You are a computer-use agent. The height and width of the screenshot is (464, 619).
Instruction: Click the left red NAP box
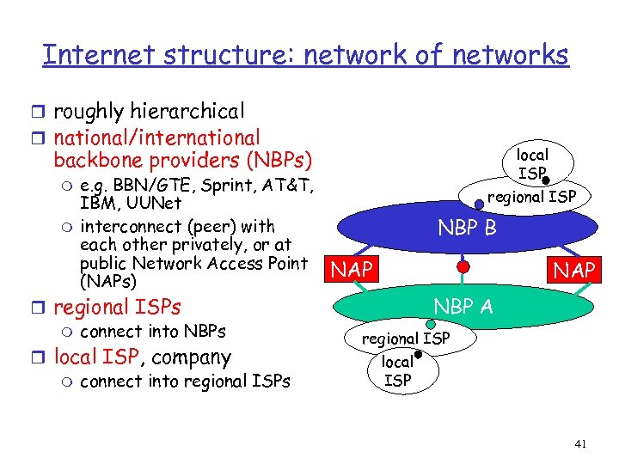pos(352,270)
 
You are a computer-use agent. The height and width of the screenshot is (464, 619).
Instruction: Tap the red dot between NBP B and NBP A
pos(463,267)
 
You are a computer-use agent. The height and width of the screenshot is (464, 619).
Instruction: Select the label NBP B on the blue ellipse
pos(468,229)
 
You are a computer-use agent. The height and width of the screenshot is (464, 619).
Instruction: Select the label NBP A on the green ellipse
pos(463,307)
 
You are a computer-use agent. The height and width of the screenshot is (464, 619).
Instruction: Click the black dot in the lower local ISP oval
pos(417,354)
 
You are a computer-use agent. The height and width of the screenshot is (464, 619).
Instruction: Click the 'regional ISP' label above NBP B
pos(531,197)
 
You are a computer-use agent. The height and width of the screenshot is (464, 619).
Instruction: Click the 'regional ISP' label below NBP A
pos(405,339)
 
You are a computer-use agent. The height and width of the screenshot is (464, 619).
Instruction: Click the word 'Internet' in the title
pos(95,55)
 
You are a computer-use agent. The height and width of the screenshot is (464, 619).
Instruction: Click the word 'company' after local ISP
pos(191,357)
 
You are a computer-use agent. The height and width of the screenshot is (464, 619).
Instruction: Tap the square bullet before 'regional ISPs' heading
pos(44,308)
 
